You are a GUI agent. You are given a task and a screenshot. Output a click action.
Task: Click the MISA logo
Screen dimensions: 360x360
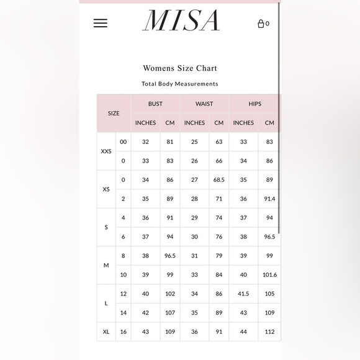pyautogui.click(x=181, y=21)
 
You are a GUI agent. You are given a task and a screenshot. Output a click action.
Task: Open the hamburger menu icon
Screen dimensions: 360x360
pyautogui.click(x=101, y=23)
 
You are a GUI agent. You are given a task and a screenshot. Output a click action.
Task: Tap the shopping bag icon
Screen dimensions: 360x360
pyautogui.click(x=261, y=24)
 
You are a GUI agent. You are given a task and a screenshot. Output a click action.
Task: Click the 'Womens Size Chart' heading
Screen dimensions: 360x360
pyautogui.click(x=180, y=68)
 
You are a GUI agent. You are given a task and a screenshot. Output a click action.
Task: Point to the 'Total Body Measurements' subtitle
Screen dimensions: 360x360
pyautogui.click(x=180, y=84)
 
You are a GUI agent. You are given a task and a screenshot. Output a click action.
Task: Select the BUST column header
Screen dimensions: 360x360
pyautogui.click(x=155, y=104)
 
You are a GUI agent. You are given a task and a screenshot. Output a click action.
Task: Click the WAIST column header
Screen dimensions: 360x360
pyautogui.click(x=204, y=104)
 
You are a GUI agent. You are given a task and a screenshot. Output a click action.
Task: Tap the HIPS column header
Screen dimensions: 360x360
pyautogui.click(x=254, y=104)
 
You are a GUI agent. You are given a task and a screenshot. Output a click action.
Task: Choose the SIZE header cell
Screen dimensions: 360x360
pyautogui.click(x=114, y=114)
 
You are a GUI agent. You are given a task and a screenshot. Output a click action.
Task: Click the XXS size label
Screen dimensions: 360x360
pyautogui.click(x=106, y=151)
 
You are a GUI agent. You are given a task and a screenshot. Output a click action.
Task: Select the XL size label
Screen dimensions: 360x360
pyautogui.click(x=106, y=332)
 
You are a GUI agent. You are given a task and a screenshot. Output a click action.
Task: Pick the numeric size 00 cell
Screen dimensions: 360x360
pyautogui.click(x=123, y=142)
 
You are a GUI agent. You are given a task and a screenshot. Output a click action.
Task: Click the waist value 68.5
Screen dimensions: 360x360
pyautogui.click(x=218, y=180)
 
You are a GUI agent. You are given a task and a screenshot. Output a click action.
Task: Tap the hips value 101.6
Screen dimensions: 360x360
pyautogui.click(x=269, y=275)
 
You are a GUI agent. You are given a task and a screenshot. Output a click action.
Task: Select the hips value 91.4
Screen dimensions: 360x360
pyautogui.click(x=269, y=199)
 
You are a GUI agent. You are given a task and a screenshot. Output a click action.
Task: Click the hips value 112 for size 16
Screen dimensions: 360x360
pyautogui.click(x=269, y=332)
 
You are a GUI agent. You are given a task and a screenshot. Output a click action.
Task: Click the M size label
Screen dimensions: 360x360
pyautogui.click(x=106, y=265)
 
